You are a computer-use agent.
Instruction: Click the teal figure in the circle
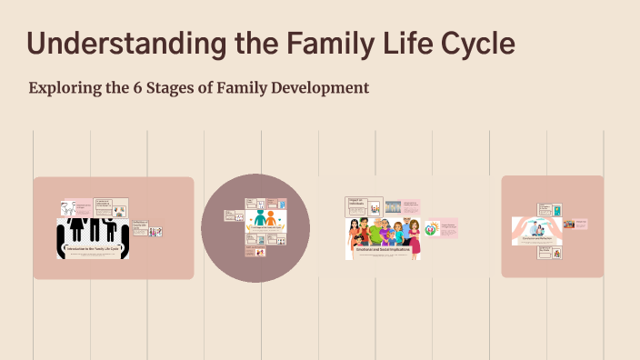click(260, 219)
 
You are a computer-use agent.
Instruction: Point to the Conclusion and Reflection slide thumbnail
click(536, 231)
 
